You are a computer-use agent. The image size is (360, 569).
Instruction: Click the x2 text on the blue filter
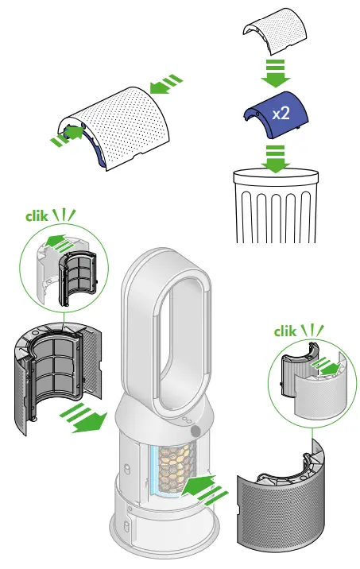tap(281, 114)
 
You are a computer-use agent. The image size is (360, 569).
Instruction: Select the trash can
tap(273, 206)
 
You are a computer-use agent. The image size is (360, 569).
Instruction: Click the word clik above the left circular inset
tap(36, 214)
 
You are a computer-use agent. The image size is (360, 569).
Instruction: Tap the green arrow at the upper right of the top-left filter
tap(168, 82)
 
